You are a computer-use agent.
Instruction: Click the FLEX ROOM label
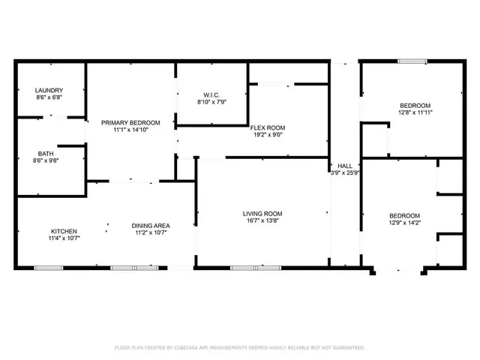(268, 127)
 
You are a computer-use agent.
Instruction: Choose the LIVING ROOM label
(262, 214)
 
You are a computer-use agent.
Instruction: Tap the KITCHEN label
(64, 231)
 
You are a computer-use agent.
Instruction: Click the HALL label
(345, 166)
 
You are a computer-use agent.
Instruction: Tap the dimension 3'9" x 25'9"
(346, 173)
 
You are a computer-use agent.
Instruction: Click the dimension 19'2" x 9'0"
(268, 136)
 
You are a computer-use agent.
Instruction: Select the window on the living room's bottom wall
(255, 268)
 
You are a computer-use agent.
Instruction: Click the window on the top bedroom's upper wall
(412, 61)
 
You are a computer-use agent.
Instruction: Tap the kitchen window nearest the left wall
(48, 268)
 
